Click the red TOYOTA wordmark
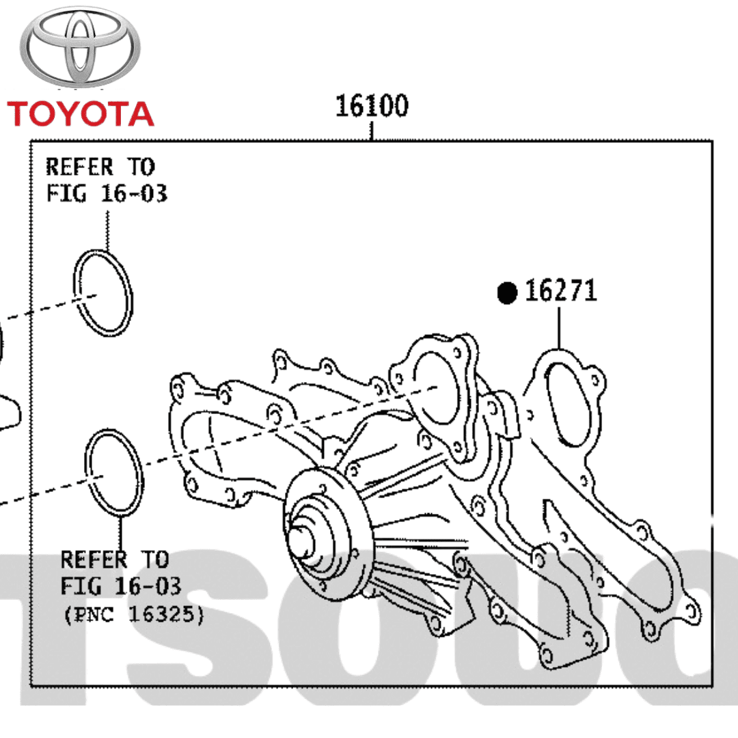pos(81,113)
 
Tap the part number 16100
pos(372,107)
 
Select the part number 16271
pos(560,292)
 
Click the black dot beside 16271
pos(507,293)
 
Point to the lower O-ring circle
pos(117,474)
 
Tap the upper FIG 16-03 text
pos(107,194)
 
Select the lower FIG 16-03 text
pos(121,586)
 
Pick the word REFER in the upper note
pos(79,167)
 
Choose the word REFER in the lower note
pos(94,560)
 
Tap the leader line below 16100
pos(372,131)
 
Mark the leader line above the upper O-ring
pos(107,230)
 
